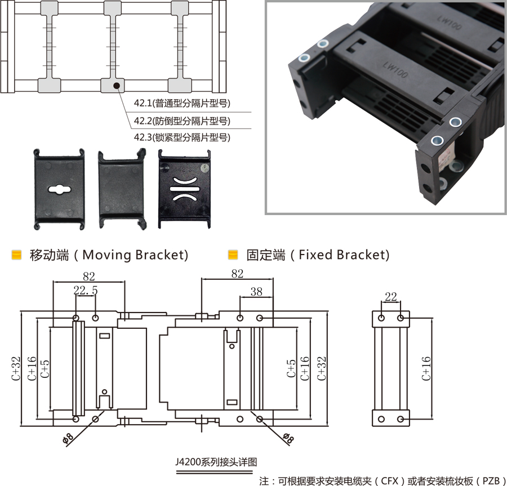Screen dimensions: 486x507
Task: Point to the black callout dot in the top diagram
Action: pos(116,86)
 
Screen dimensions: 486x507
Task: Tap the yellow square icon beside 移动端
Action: pos(17,255)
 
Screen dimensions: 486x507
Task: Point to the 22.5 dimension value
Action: pos(86,291)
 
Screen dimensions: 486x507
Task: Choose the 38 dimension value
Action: pos(256,291)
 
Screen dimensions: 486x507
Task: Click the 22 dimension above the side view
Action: pos(390,296)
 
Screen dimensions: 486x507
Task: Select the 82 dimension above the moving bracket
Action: pos(89,276)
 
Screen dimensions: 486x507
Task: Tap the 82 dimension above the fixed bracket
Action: pos(237,274)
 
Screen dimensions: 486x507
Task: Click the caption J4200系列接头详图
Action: pos(216,462)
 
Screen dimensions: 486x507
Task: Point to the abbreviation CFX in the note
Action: pos(390,481)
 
